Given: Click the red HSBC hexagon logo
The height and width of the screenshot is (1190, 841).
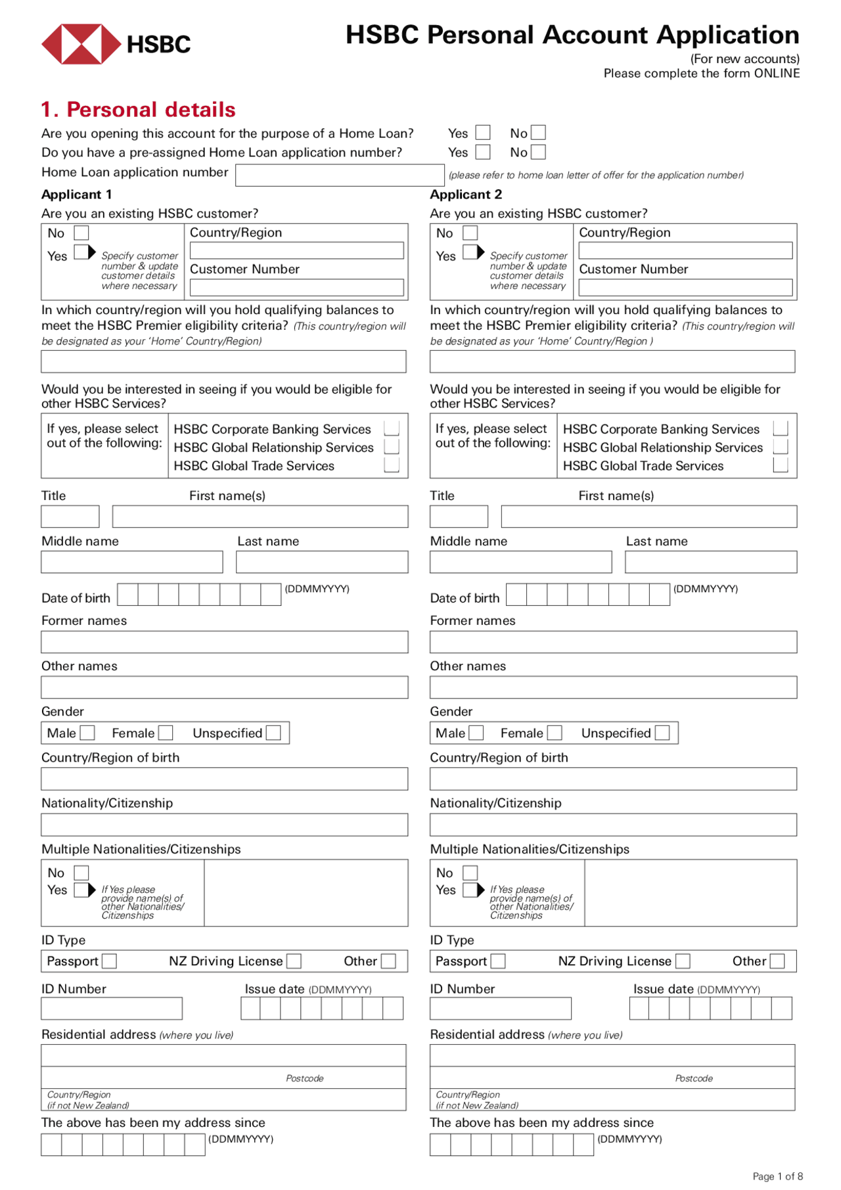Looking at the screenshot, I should click(x=81, y=44).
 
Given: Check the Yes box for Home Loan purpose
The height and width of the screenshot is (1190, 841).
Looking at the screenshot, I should click(x=483, y=133).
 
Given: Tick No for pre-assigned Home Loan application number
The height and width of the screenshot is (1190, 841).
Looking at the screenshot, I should click(x=538, y=152).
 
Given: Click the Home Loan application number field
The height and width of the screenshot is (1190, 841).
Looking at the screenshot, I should click(x=339, y=175).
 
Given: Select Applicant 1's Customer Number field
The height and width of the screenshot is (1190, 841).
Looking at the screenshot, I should click(x=296, y=288).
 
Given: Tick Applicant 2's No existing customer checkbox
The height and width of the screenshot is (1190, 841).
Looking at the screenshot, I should click(x=470, y=233).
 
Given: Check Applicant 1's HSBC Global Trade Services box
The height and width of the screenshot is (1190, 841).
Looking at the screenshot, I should click(x=392, y=465).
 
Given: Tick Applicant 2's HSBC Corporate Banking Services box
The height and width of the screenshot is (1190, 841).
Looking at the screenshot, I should click(x=781, y=428).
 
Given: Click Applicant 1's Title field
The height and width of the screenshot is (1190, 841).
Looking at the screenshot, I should click(x=70, y=516).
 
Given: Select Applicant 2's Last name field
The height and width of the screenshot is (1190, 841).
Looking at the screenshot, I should click(x=710, y=562).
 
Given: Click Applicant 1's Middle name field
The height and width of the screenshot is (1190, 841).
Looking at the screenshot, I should click(x=131, y=562).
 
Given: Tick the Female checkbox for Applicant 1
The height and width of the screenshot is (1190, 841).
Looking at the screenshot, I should click(x=166, y=733).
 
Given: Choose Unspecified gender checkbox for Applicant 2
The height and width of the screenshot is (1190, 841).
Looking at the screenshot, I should click(x=663, y=733).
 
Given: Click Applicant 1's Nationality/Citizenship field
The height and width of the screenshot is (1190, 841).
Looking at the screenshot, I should click(x=224, y=825).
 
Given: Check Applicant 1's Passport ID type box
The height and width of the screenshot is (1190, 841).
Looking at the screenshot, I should click(x=110, y=961).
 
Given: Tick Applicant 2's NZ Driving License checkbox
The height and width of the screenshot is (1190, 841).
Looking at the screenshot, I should click(x=683, y=961).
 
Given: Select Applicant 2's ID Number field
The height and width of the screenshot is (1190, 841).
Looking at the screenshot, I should click(x=500, y=1009).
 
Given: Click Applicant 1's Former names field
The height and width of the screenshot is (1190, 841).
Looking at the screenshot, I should click(x=224, y=642).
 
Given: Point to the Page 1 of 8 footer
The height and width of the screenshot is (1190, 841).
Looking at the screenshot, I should click(x=777, y=1176).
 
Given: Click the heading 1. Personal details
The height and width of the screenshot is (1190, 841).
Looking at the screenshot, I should click(x=138, y=109).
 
